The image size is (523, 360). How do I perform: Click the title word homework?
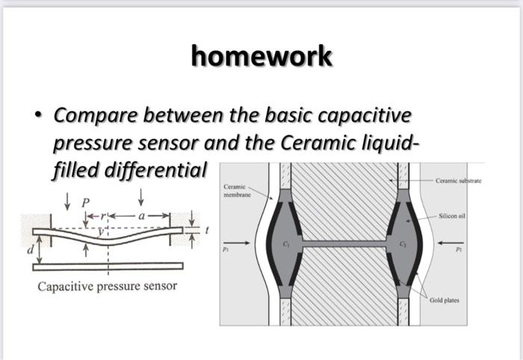click(261, 56)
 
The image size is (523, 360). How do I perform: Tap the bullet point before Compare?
click(38, 117)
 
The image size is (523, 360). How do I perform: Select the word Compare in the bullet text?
click(95, 117)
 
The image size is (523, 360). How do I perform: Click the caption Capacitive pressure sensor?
click(108, 286)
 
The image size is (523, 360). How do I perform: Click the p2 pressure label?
click(458, 252)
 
